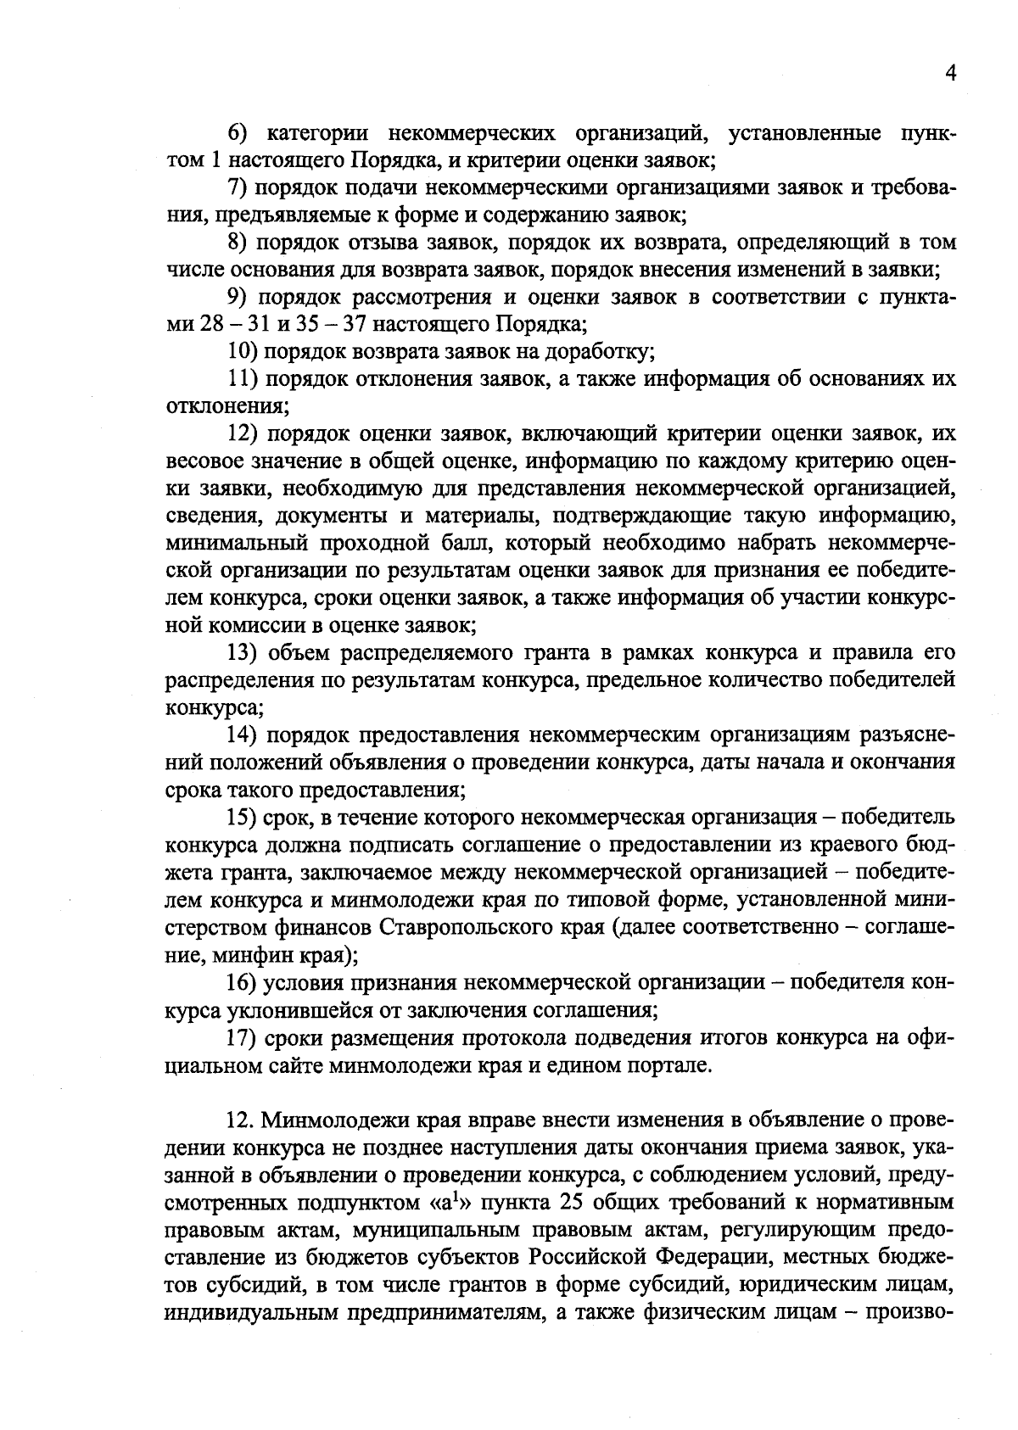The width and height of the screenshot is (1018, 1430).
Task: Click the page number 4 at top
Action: pyautogui.click(x=950, y=75)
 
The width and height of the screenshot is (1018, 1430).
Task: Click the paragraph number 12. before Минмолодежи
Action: pyautogui.click(x=242, y=1120)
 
